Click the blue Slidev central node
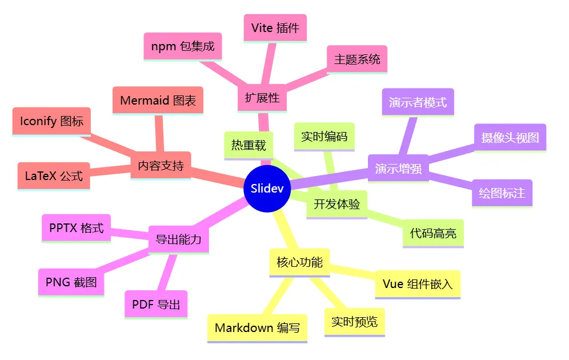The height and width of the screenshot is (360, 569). (x=267, y=188)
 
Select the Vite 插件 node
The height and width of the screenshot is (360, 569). (x=275, y=28)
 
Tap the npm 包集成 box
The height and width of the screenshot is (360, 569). (x=182, y=46)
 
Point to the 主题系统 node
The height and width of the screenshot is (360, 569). (x=357, y=59)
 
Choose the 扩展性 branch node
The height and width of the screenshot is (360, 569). (x=262, y=98)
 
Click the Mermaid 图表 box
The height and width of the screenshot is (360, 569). (x=158, y=101)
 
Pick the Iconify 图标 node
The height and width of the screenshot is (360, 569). (x=51, y=121)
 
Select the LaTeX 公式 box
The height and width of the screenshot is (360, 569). (x=54, y=175)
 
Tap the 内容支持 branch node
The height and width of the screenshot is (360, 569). (x=161, y=166)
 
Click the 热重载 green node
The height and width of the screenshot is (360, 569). (x=249, y=145)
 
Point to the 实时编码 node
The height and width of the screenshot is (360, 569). (x=324, y=137)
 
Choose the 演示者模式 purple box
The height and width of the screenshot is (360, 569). (x=418, y=102)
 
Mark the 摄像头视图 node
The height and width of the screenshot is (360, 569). (x=510, y=138)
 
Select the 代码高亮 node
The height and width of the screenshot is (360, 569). (x=433, y=233)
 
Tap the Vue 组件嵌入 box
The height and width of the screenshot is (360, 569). (x=418, y=284)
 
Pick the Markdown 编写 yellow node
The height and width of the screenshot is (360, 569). (x=257, y=328)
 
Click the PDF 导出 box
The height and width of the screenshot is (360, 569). (x=156, y=305)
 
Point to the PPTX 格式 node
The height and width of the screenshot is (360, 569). (x=76, y=228)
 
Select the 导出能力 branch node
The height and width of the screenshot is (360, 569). (x=178, y=239)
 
